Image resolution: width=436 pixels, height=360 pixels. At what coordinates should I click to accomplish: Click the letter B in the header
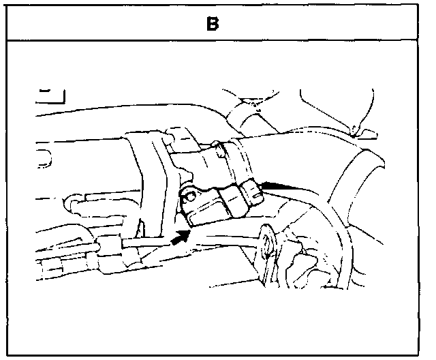tap(213, 25)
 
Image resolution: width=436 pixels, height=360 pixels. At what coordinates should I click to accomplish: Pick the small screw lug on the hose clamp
tap(217, 145)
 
